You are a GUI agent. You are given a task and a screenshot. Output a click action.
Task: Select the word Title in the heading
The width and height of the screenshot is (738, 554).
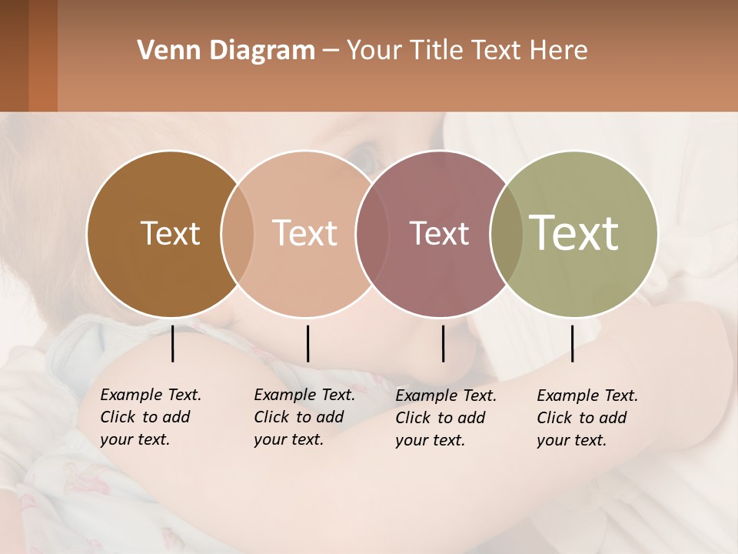click(437, 51)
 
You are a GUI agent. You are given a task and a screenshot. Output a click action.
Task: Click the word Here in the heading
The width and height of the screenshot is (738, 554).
click(558, 51)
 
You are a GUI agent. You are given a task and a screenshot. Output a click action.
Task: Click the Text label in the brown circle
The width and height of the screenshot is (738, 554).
click(170, 233)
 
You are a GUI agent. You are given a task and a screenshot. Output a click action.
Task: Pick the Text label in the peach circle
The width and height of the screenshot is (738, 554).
click(305, 233)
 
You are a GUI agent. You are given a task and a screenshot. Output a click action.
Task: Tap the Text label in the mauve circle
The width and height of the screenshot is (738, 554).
click(439, 233)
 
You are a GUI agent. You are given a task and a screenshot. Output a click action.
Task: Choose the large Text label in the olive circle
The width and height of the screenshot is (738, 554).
click(574, 233)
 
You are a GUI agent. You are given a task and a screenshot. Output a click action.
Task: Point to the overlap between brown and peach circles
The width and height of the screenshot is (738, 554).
click(238, 233)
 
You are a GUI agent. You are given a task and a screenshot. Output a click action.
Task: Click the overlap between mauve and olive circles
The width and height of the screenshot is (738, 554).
click(507, 233)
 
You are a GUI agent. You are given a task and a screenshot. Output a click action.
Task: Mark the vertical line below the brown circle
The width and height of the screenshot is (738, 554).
click(173, 343)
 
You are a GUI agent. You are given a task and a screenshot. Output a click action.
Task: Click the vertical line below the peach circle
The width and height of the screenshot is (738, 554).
click(307, 343)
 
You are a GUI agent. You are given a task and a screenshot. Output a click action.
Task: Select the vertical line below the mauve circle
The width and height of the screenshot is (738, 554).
click(443, 343)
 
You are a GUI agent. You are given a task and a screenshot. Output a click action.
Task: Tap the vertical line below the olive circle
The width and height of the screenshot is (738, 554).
click(573, 343)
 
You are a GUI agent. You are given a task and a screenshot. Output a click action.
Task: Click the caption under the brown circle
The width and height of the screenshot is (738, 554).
click(150, 417)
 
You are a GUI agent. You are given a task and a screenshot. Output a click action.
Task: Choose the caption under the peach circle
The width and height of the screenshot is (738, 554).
click(304, 417)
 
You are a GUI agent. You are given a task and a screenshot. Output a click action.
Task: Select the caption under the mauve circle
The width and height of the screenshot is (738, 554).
click(445, 418)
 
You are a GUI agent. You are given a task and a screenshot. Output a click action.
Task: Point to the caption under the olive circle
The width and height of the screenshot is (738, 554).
click(587, 418)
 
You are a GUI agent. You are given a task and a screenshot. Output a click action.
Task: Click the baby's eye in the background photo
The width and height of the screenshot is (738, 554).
click(364, 158)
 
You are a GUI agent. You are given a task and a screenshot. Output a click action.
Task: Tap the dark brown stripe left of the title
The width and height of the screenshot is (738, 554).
click(14, 55)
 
